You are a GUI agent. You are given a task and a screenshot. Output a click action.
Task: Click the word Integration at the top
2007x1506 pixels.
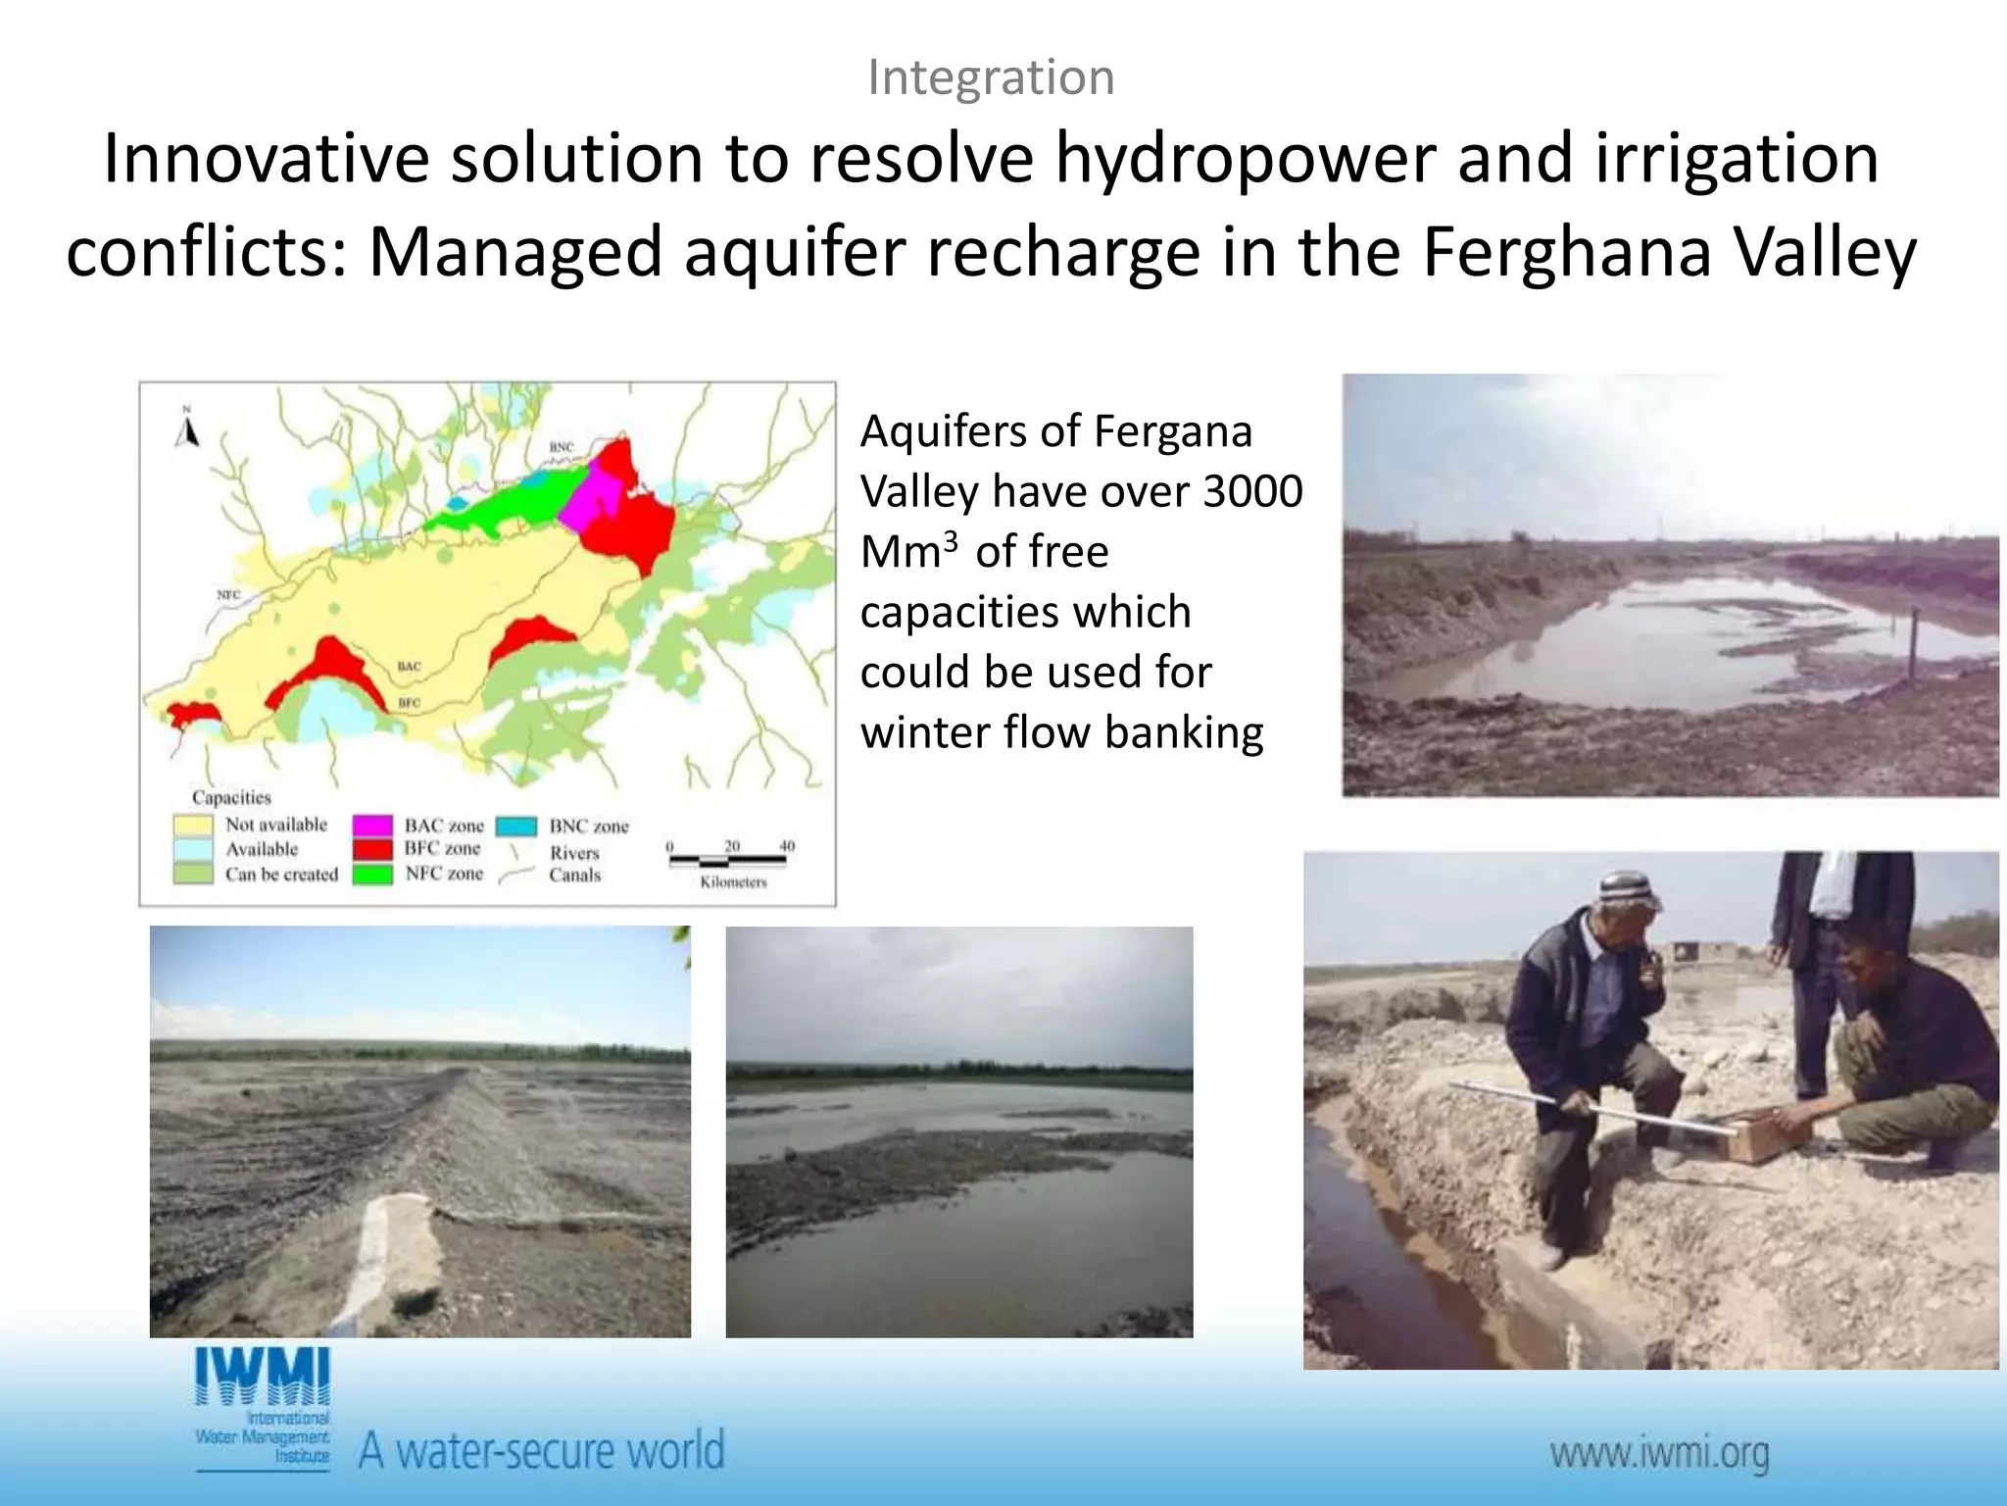point(991,77)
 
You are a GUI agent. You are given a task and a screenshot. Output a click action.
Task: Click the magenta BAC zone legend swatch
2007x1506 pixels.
point(372,826)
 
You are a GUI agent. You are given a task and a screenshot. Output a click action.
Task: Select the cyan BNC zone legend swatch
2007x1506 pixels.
point(516,826)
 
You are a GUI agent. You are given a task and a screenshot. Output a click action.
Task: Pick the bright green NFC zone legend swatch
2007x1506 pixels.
point(372,873)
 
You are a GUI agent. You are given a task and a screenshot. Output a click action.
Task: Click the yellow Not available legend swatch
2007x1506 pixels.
point(193,825)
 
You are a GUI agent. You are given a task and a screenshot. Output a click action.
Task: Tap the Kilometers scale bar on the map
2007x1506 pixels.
point(728,861)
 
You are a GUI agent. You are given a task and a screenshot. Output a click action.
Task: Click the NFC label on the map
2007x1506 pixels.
point(227,595)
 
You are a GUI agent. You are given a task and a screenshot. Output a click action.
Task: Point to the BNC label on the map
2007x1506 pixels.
point(561,447)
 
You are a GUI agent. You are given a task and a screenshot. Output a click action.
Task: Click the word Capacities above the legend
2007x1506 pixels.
point(231,797)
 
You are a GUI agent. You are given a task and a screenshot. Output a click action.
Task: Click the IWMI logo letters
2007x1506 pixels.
point(263,1378)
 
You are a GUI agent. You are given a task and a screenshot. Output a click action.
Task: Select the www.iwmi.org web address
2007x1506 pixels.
point(1659,1453)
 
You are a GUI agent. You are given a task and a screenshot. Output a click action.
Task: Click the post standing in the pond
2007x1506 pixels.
point(1914,648)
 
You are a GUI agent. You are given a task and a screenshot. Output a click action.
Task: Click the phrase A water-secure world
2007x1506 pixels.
point(541,1450)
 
